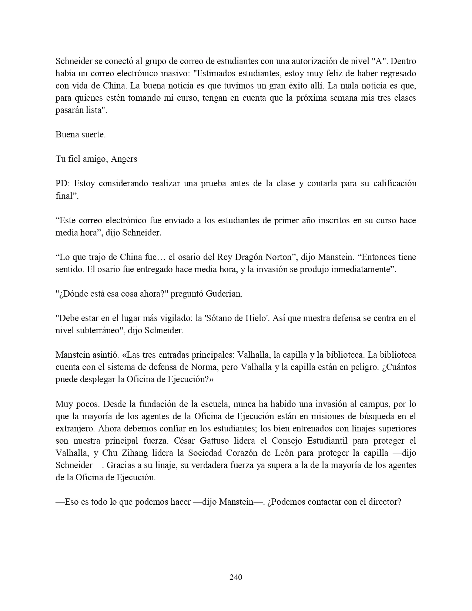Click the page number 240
pyautogui.click(x=236, y=577)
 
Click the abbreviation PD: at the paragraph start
pyautogui.click(x=63, y=184)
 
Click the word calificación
pyautogui.click(x=392, y=184)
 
